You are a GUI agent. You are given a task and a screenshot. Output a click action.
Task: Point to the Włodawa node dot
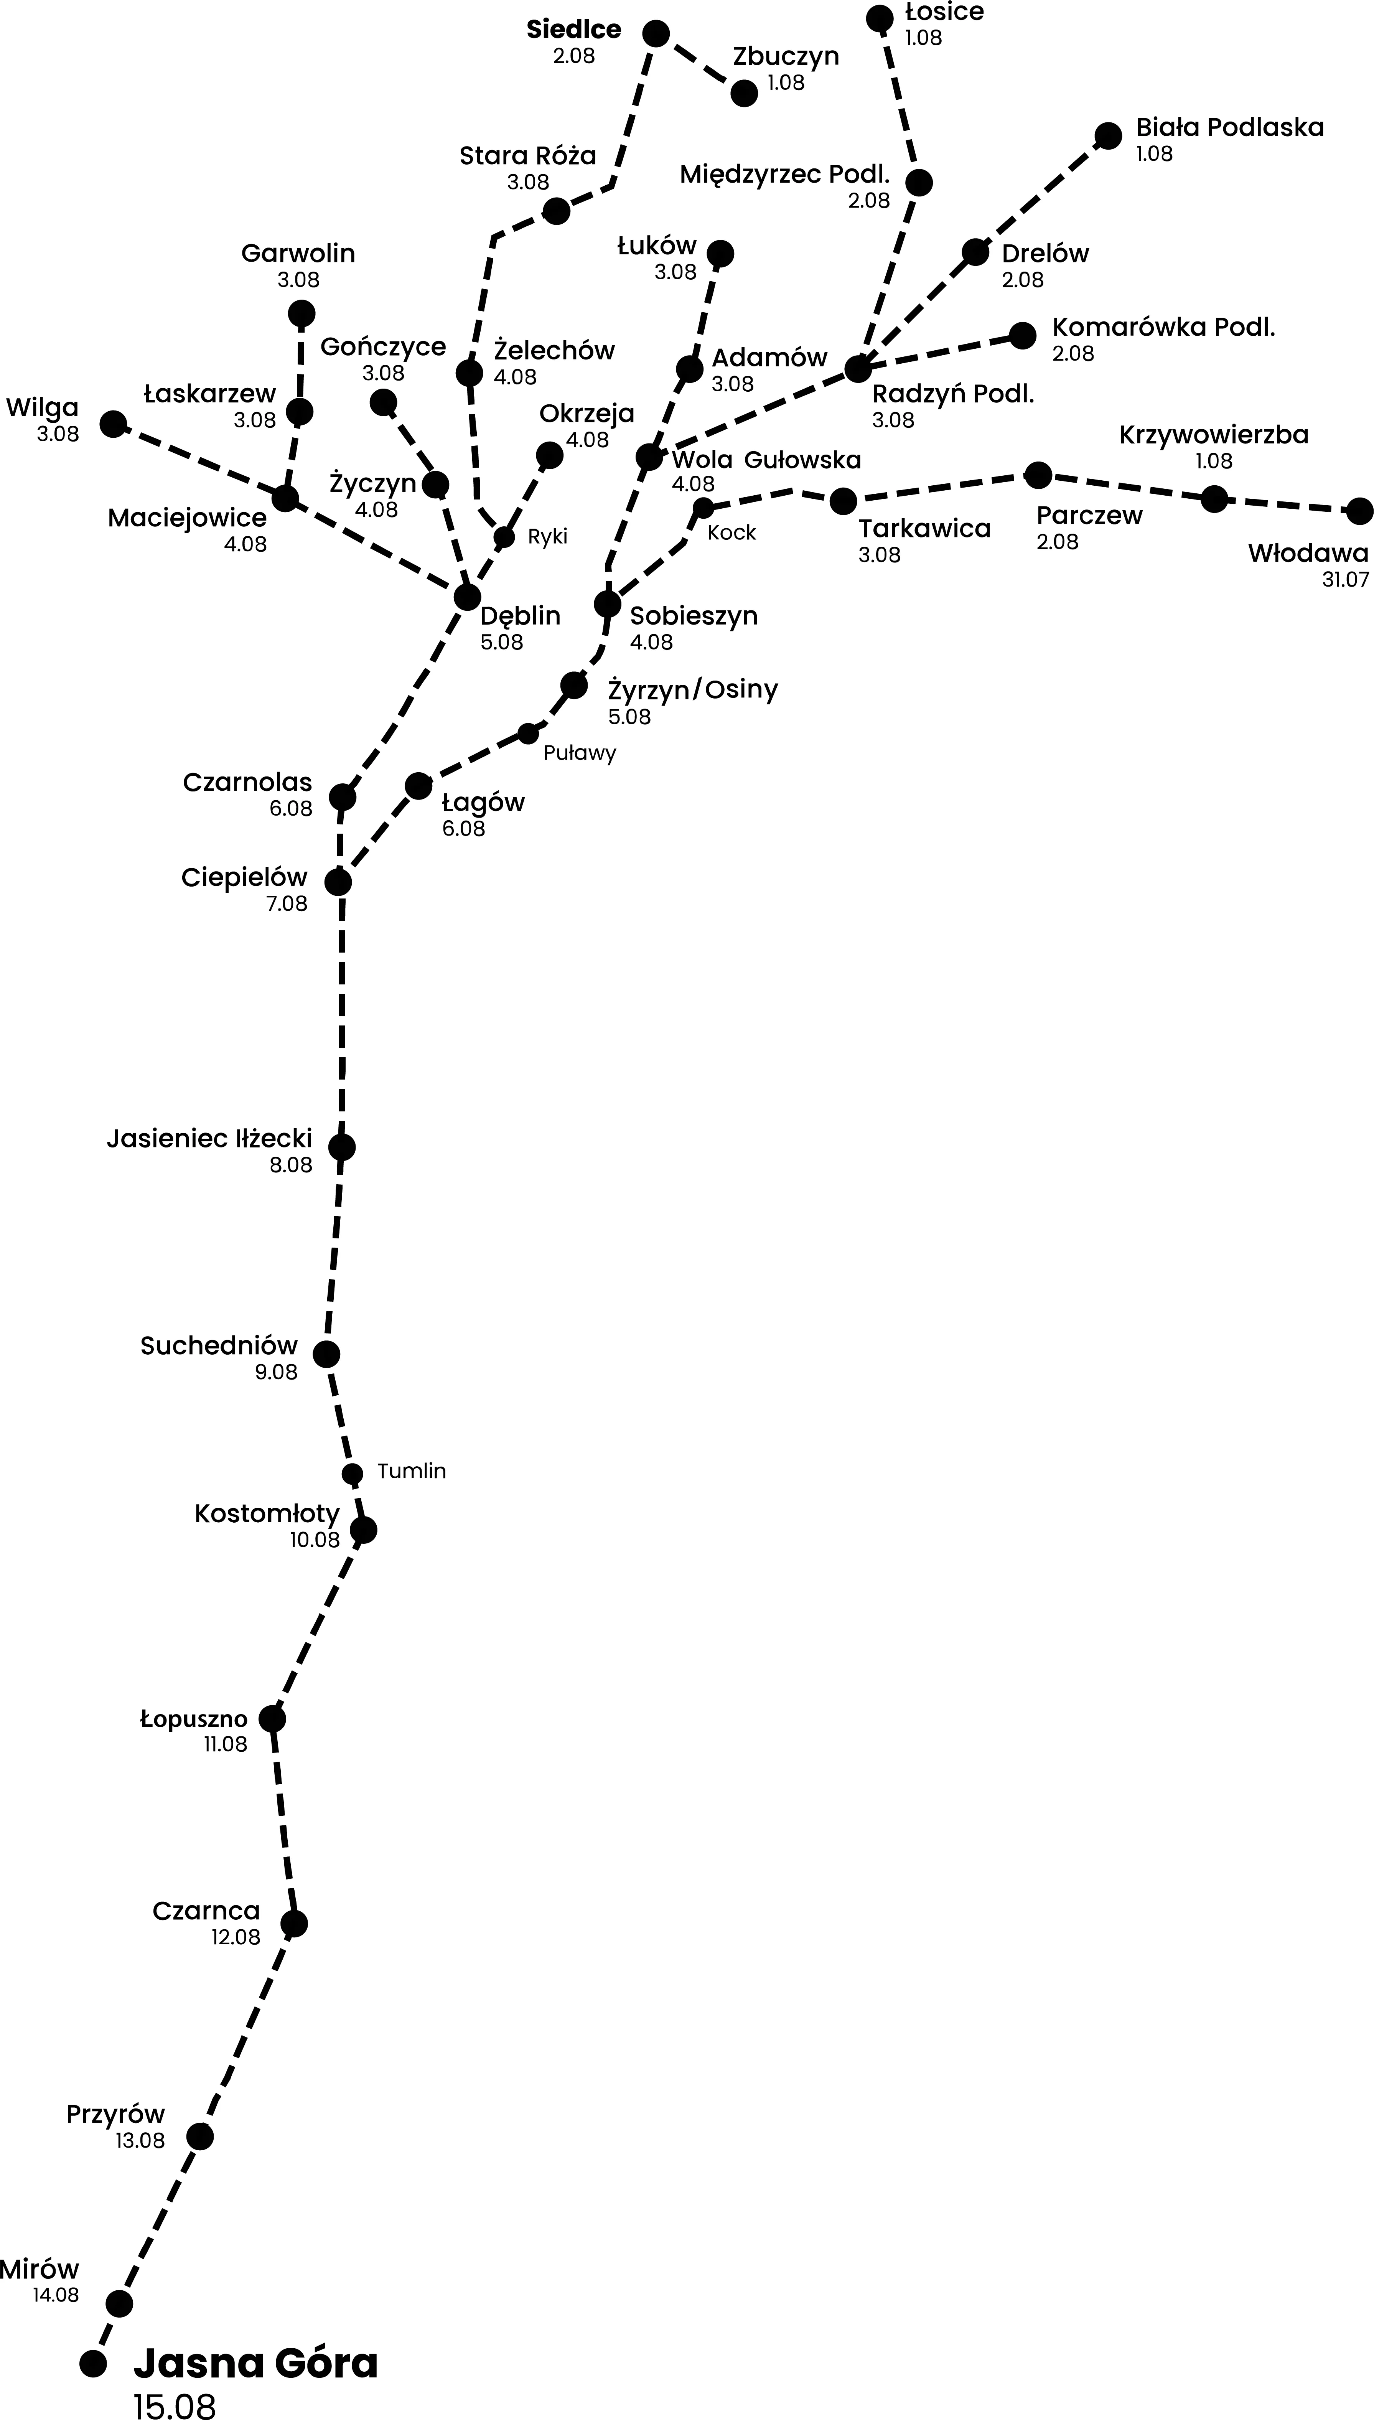pyautogui.click(x=1359, y=511)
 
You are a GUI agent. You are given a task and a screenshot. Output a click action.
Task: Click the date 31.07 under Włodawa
pyautogui.click(x=1345, y=580)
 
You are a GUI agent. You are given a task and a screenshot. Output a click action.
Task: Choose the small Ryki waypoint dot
pyautogui.click(x=505, y=537)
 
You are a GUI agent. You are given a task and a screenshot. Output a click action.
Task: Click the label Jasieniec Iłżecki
pyautogui.click(x=209, y=1139)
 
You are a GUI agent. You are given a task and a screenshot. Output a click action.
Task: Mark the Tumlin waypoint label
pyautogui.click(x=412, y=1470)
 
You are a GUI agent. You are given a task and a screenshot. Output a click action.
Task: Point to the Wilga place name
pyautogui.click(x=43, y=408)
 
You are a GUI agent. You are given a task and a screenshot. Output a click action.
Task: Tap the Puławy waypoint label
pyautogui.click(x=580, y=753)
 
